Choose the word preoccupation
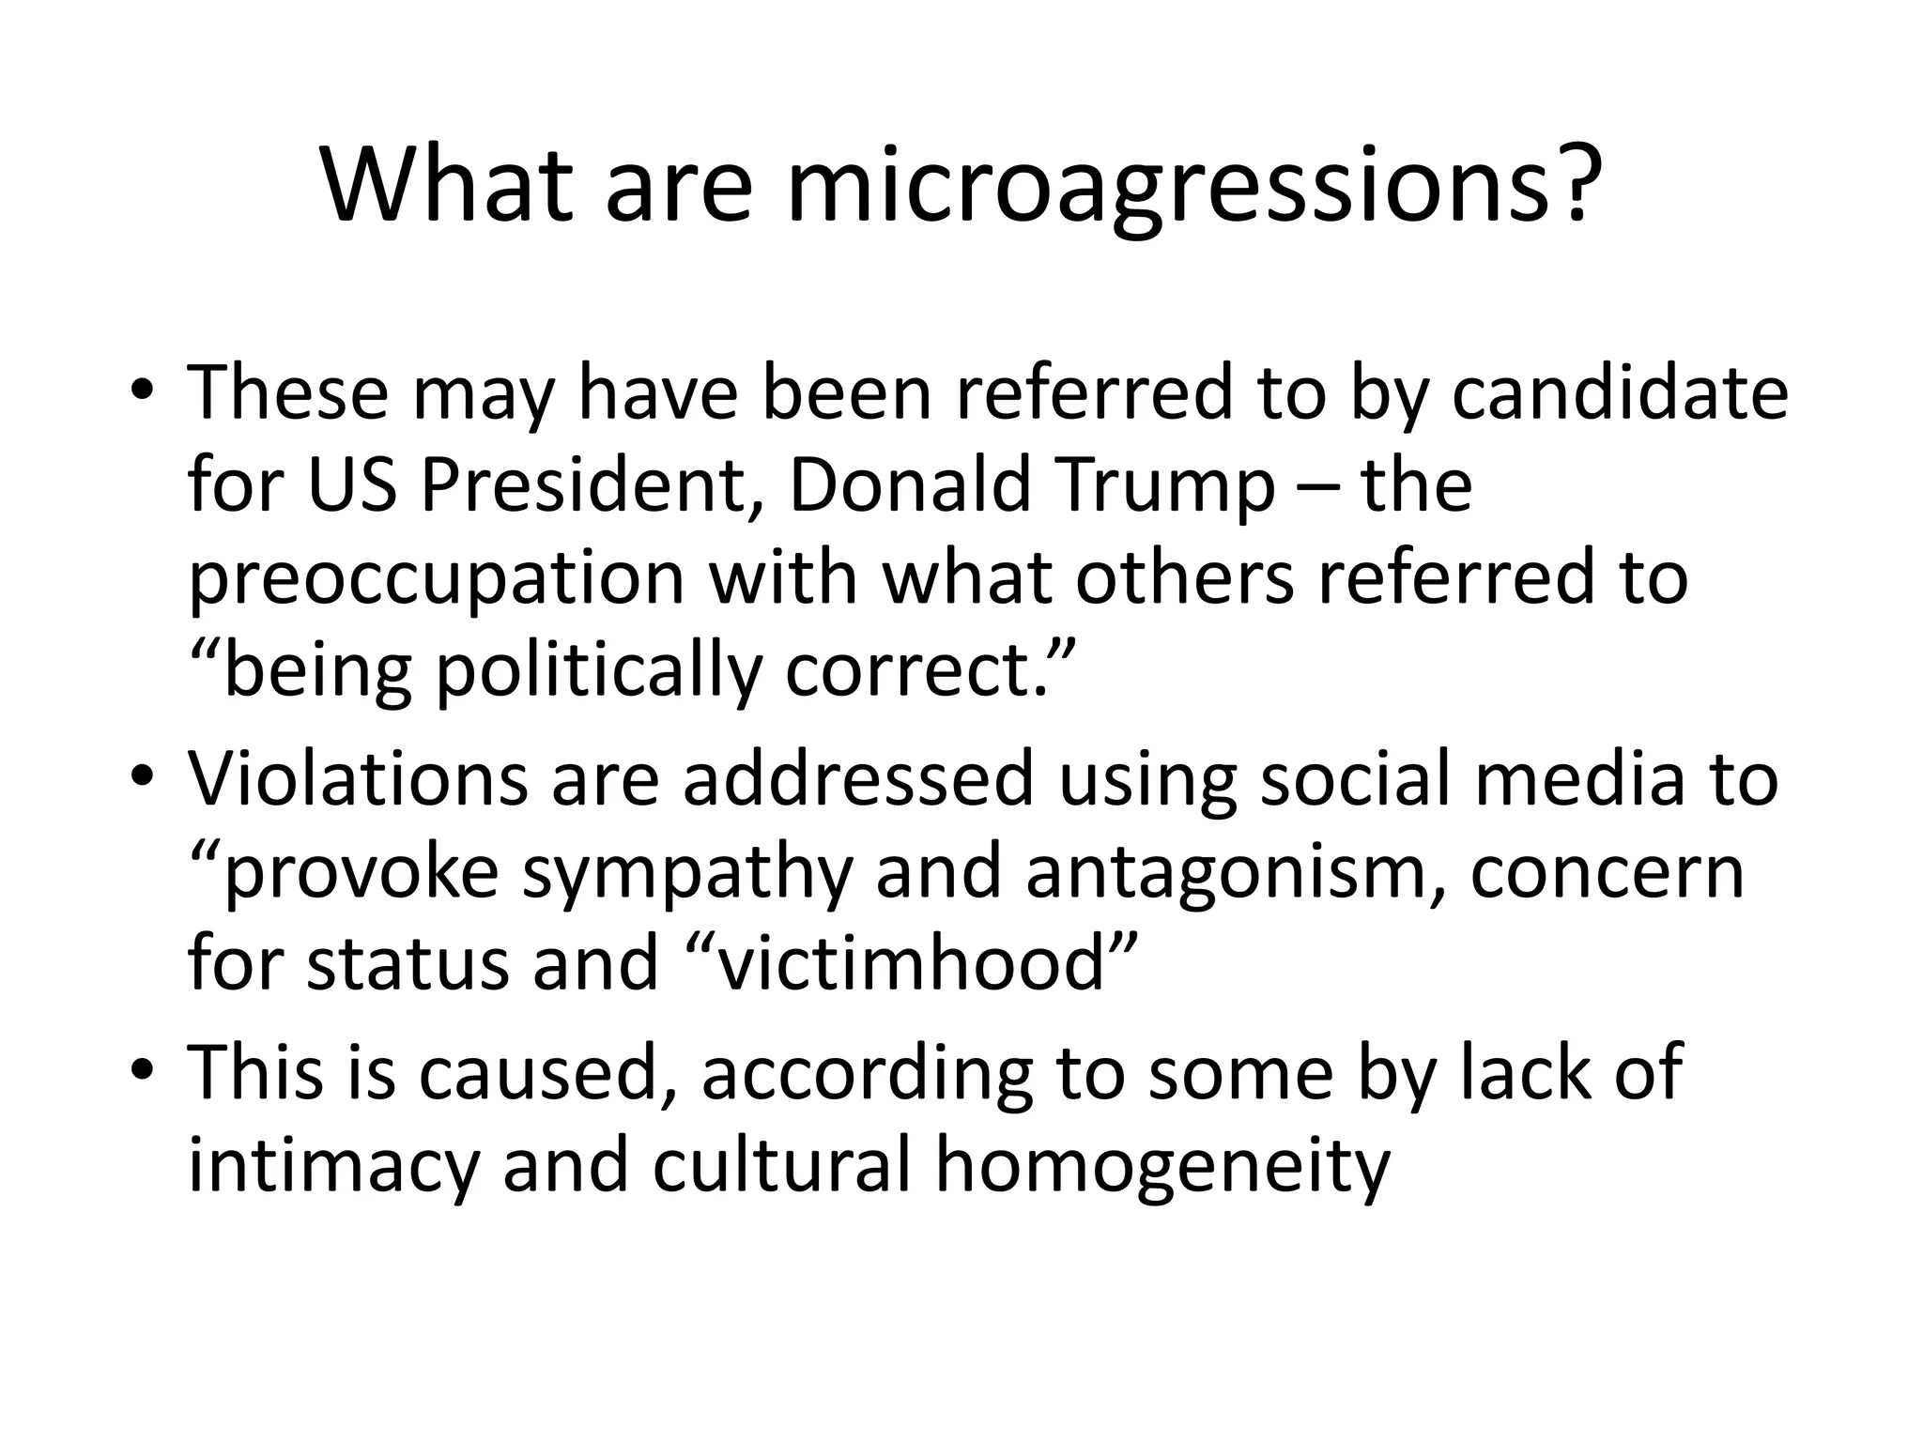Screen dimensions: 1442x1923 pos(437,580)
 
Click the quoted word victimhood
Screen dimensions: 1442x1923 pos(910,964)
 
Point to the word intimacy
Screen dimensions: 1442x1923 pos(332,1165)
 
